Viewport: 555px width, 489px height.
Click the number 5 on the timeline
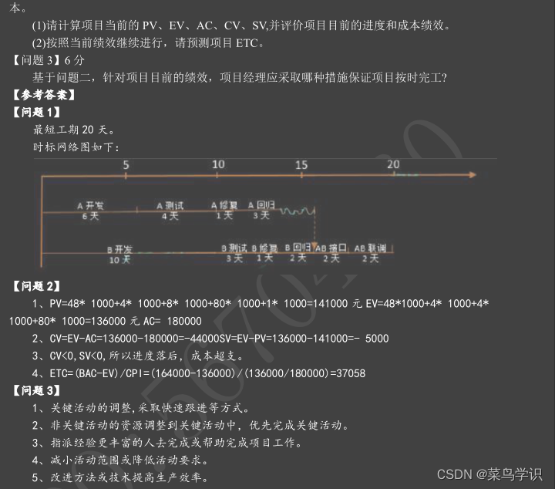126,164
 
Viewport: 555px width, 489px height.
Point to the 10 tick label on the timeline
218,164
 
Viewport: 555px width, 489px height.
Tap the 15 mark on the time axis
301,164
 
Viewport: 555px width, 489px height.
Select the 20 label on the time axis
393,164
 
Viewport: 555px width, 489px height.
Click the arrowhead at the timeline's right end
473,176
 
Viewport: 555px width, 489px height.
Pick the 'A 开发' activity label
91,206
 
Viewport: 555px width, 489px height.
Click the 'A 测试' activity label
170,206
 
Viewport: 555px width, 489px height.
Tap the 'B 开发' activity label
119,249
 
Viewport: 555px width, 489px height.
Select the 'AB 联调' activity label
370,248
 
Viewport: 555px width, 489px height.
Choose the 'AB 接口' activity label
331,248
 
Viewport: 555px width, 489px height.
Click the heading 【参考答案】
45,95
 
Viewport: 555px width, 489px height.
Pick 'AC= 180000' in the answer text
174,321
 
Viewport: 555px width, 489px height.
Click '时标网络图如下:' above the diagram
76,147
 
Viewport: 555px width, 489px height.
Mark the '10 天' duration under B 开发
119,260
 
